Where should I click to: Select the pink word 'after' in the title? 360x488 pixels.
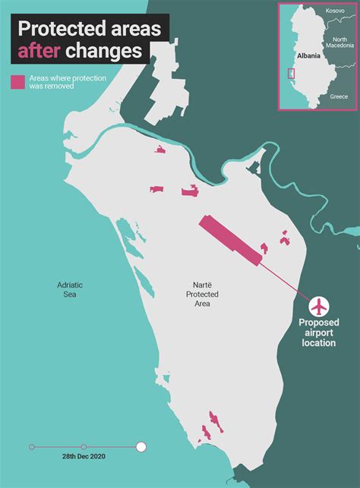(x=39, y=51)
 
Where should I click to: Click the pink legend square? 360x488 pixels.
(x=17, y=82)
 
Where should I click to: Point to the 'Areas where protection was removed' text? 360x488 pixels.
(x=67, y=82)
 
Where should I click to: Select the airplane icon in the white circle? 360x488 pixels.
(x=320, y=306)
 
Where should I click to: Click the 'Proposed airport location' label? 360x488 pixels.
(x=318, y=332)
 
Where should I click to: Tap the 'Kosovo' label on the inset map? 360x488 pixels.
(x=335, y=11)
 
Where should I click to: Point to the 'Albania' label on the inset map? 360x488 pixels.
(x=309, y=56)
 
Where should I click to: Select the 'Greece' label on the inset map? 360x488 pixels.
(x=339, y=97)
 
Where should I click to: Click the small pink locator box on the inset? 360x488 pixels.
(x=290, y=74)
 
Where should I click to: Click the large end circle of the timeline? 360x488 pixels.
(x=141, y=446)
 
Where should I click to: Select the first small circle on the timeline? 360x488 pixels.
(x=31, y=446)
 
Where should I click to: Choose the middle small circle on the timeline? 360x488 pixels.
(x=84, y=446)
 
